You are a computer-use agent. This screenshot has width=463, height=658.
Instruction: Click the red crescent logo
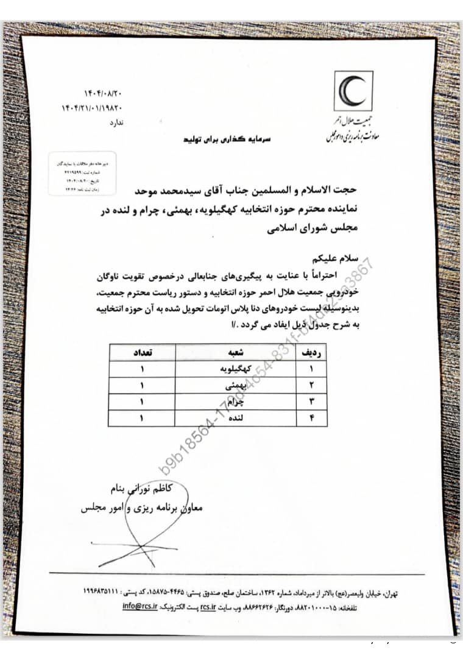353,91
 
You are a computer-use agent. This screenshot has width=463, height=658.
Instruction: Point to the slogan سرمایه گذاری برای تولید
216,139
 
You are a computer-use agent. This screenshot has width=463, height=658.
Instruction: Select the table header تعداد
142,353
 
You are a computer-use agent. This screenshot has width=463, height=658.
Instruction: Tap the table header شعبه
236,353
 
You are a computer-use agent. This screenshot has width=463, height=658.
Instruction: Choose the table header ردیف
311,353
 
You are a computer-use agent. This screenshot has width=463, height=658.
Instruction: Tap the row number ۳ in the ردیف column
311,402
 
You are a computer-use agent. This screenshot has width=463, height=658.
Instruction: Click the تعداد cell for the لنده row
142,419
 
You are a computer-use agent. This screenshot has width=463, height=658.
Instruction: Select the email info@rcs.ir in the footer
140,607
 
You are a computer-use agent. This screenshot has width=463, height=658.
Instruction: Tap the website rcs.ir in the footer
209,607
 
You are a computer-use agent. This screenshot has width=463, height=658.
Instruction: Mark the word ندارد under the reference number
115,123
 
